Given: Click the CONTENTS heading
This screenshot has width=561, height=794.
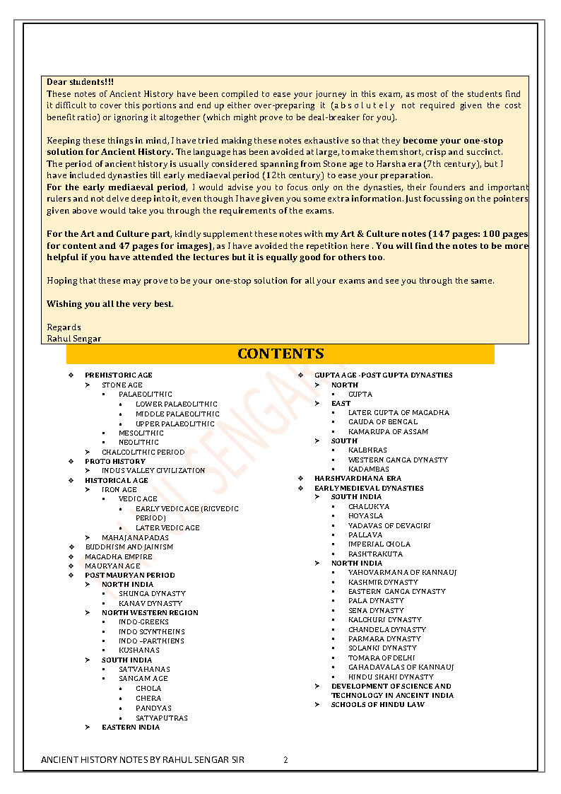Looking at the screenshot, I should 280,354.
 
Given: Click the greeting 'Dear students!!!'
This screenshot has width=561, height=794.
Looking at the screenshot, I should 80,82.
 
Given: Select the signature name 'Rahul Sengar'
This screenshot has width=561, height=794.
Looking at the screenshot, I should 73,339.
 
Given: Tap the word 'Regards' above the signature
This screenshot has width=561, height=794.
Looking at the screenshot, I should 64,327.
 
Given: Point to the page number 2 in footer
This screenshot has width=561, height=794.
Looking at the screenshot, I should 285,760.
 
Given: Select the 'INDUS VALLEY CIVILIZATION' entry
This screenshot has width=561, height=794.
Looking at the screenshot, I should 153,471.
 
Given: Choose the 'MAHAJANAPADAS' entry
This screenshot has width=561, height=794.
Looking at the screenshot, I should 135,537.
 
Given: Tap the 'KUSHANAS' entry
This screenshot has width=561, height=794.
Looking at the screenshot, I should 139,650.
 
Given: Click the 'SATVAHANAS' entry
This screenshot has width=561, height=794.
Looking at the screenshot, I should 144,670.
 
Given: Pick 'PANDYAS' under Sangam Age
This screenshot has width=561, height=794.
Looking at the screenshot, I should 153,708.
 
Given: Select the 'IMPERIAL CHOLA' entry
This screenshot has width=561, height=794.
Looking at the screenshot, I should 379,544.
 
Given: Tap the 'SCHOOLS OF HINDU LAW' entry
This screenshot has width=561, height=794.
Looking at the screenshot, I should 378,705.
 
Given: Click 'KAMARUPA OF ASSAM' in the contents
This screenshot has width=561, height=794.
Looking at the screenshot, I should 388,431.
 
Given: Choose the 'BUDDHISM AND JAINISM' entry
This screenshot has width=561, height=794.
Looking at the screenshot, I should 129,547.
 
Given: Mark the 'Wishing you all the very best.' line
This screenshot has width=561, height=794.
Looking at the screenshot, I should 110,304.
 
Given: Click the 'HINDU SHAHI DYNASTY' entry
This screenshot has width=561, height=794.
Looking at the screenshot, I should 391,677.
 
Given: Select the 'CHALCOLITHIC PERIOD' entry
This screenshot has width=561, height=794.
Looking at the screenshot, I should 143,452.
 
